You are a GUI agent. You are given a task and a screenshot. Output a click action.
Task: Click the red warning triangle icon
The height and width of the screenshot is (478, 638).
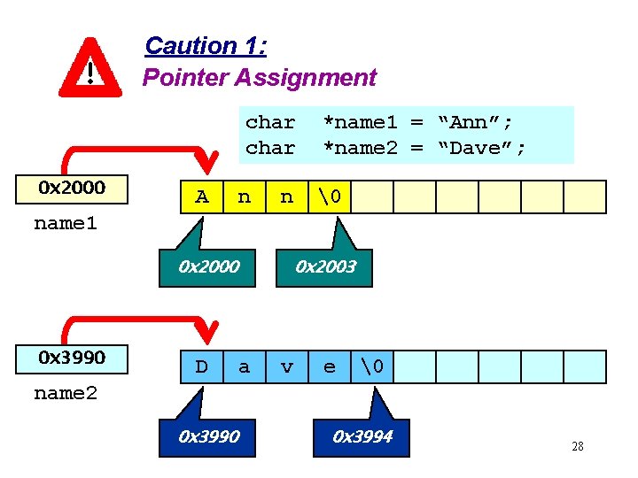pyautogui.click(x=89, y=68)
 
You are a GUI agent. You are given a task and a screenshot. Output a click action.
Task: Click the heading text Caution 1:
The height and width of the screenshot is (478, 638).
pyautogui.click(x=206, y=46)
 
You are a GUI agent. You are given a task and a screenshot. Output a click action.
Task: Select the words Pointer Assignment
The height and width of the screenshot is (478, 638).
pyautogui.click(x=260, y=78)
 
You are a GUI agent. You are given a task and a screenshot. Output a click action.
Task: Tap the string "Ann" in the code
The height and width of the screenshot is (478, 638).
pyautogui.click(x=478, y=122)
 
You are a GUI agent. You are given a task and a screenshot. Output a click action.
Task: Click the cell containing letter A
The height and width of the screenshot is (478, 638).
pyautogui.click(x=202, y=197)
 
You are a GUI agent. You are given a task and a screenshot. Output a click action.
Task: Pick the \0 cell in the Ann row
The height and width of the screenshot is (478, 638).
pyautogui.click(x=330, y=197)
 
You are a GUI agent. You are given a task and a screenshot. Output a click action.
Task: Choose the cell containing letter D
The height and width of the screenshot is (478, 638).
pyautogui.click(x=202, y=366)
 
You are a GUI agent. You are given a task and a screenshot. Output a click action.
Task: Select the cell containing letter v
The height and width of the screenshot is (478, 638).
pyautogui.click(x=287, y=366)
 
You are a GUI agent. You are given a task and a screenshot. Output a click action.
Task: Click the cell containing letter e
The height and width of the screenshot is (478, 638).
pyautogui.click(x=330, y=366)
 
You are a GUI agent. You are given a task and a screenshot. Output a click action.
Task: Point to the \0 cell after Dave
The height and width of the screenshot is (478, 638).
pyautogui.click(x=372, y=366)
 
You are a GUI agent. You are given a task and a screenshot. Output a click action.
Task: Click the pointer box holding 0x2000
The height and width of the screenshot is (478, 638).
pyautogui.click(x=73, y=188)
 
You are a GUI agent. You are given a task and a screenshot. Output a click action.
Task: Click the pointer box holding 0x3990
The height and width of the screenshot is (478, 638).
pyautogui.click(x=73, y=358)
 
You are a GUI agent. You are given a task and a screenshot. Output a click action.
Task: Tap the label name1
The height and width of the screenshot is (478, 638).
pyautogui.click(x=66, y=223)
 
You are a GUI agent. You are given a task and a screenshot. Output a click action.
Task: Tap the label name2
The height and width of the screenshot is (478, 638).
pyautogui.click(x=66, y=393)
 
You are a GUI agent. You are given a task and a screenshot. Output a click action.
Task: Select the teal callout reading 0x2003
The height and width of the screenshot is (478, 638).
pyautogui.click(x=325, y=266)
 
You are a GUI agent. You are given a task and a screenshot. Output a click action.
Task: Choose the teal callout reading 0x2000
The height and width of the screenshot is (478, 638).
pyautogui.click(x=208, y=266)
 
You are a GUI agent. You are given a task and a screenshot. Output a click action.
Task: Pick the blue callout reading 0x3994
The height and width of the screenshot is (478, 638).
pyautogui.click(x=362, y=436)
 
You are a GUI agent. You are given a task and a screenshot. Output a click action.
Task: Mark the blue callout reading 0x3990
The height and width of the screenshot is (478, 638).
pyautogui.click(x=208, y=436)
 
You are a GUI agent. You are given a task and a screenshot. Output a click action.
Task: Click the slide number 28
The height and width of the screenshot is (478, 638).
pyautogui.click(x=578, y=446)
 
